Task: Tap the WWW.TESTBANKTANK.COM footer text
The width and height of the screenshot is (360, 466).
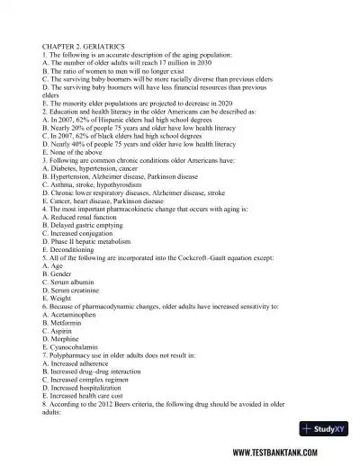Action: [291, 452]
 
